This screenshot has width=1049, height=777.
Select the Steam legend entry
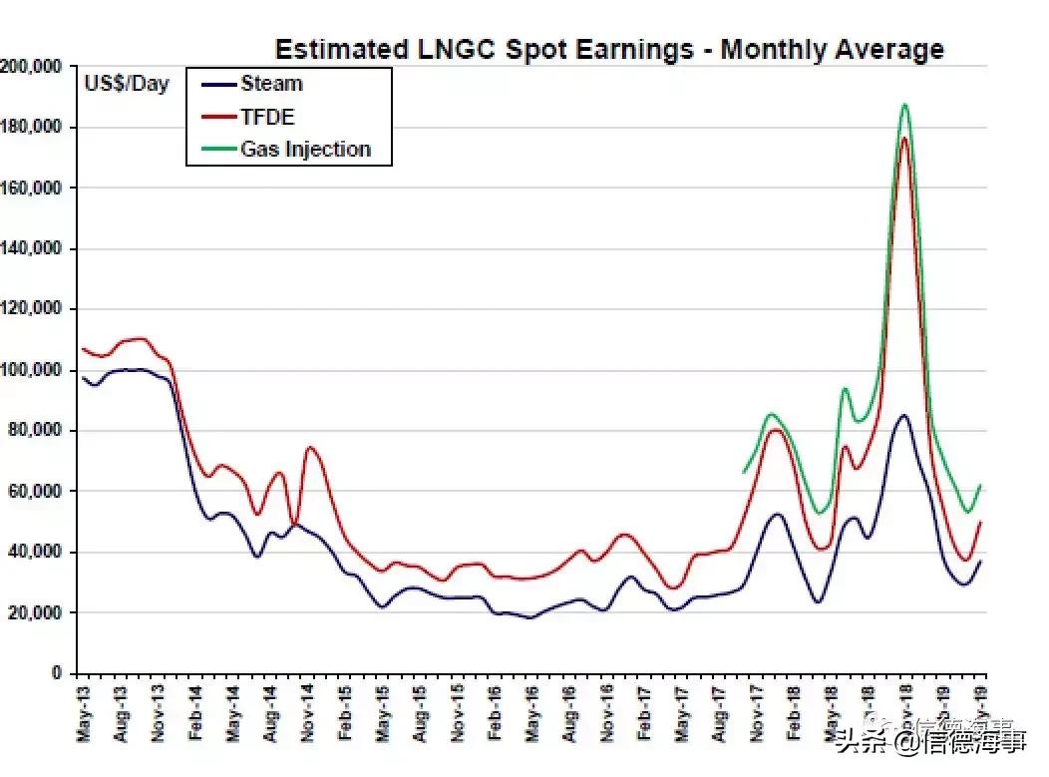pyautogui.click(x=270, y=84)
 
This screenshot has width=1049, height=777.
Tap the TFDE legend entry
pyautogui.click(x=267, y=117)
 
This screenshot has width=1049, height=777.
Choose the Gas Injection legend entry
pyautogui.click(x=305, y=150)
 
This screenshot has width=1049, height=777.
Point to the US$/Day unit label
pyautogui.click(x=127, y=85)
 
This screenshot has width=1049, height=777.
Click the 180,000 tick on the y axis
pyautogui.click(x=33, y=128)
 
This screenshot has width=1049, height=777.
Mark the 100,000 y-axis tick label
pyautogui.click(x=33, y=370)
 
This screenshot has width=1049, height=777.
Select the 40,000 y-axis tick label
pyautogui.click(x=37, y=552)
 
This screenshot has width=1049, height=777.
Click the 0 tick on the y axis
pyautogui.click(x=57, y=673)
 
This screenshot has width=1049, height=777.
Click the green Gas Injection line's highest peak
pyautogui.click(x=904, y=104)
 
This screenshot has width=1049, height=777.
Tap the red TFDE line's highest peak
pyautogui.click(x=903, y=138)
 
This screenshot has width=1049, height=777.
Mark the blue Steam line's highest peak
pyautogui.click(x=902, y=415)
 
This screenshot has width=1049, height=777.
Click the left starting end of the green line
pyautogui.click(x=744, y=472)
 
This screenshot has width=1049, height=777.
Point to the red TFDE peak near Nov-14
pyautogui.click(x=310, y=448)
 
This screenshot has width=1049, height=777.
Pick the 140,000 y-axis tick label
pyautogui.click(x=33, y=248)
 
